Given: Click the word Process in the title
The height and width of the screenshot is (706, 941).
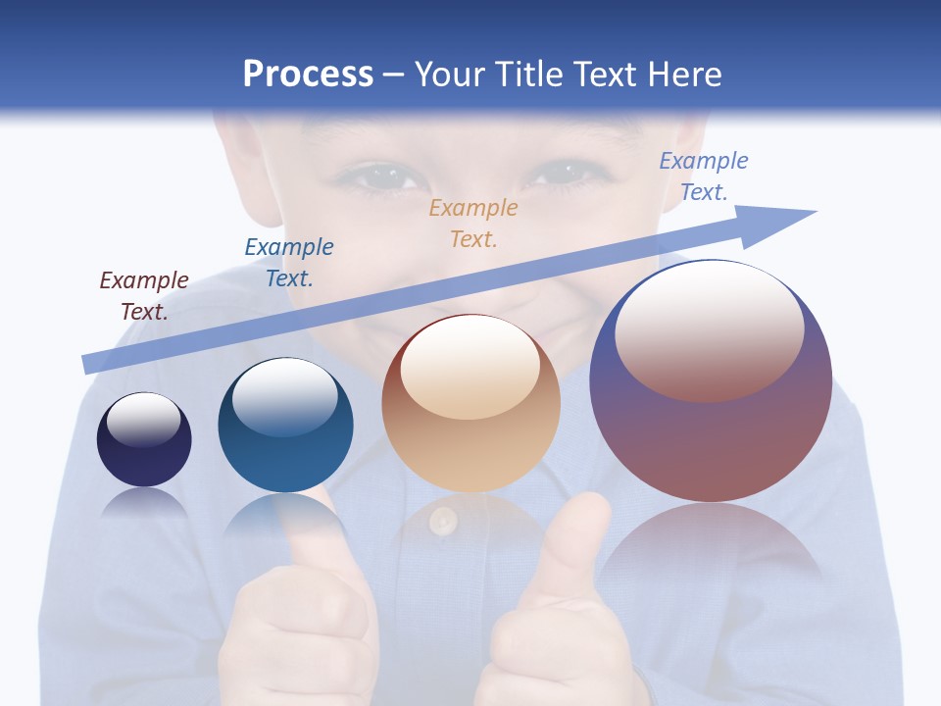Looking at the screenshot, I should click(x=308, y=75).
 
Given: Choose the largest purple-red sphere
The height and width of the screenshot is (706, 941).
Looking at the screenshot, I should click(x=711, y=431).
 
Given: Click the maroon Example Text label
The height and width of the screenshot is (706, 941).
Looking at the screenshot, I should click(x=144, y=295).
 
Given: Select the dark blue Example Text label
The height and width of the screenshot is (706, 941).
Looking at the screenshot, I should click(x=289, y=262).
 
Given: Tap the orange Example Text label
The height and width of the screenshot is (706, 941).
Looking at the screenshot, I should click(x=473, y=223).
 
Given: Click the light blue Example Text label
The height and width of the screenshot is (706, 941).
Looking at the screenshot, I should click(x=704, y=176).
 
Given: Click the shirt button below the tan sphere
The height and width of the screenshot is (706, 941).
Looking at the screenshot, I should click(x=443, y=521).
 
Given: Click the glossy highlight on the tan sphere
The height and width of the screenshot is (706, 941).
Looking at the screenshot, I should click(x=470, y=366).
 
